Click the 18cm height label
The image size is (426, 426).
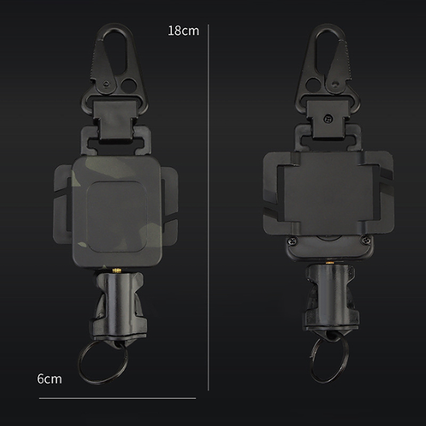(x=183, y=31)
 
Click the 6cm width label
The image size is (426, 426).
(x=50, y=379)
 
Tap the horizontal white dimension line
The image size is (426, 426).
(x=117, y=398)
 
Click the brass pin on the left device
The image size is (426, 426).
(x=117, y=271)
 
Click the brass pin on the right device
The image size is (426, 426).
(x=330, y=263)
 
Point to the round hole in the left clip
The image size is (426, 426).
(x=129, y=85)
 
